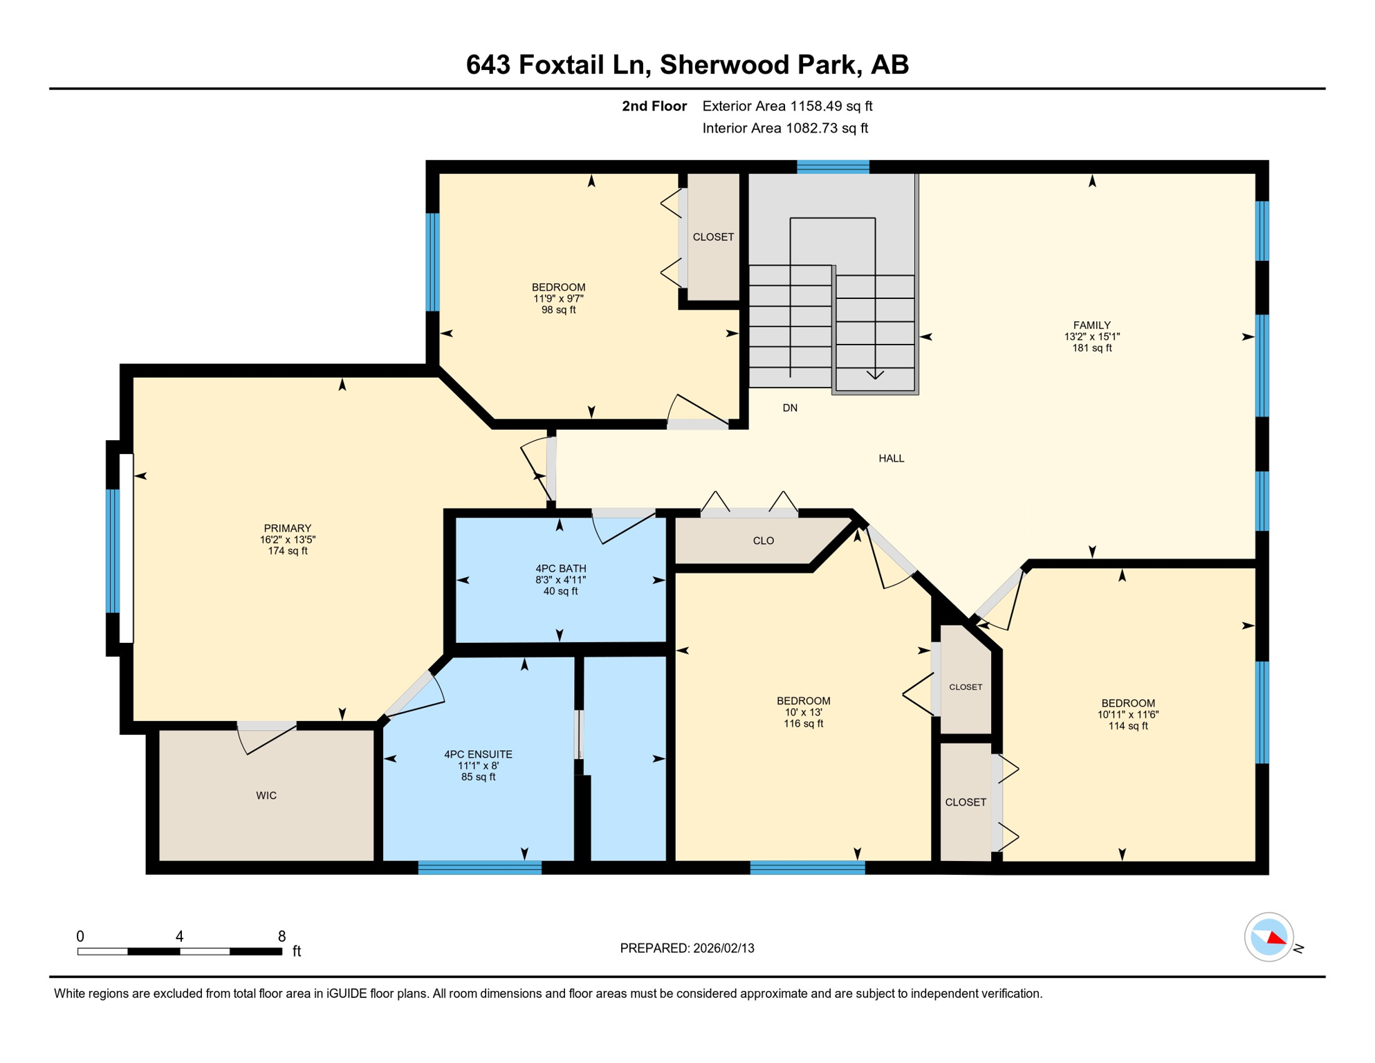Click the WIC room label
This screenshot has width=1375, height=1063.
click(x=266, y=796)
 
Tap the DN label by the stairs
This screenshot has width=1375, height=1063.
click(x=790, y=408)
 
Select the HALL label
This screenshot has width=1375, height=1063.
click(x=891, y=459)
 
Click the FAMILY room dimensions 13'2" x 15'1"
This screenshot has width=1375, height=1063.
click(x=1091, y=337)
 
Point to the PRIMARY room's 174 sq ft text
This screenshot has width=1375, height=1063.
click(x=288, y=552)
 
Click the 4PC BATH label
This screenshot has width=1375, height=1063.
click(x=560, y=569)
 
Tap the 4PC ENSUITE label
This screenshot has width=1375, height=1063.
click(x=478, y=754)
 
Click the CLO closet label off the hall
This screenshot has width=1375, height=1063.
click(x=763, y=541)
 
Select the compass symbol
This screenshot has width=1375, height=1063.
click(x=1269, y=938)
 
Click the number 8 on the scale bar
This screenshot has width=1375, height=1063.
click(x=282, y=936)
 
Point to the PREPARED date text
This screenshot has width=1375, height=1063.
click(x=687, y=949)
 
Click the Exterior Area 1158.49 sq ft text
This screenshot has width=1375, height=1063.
click(x=787, y=106)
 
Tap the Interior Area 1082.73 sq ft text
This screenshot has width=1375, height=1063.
click(x=785, y=128)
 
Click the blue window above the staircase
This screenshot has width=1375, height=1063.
click(x=833, y=167)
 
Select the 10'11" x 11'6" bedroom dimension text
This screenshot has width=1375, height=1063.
click(x=1127, y=715)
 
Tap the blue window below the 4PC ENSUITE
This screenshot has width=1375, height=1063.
click(x=479, y=868)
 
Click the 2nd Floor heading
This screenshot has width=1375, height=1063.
click(x=654, y=106)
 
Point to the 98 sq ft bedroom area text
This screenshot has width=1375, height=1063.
click(x=558, y=310)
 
